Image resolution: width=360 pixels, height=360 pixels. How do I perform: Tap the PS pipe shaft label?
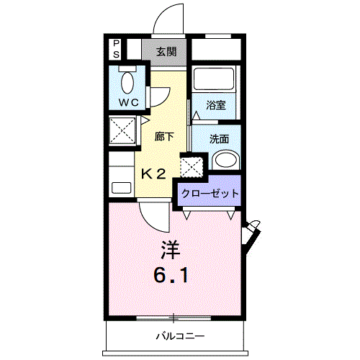(x=115, y=48)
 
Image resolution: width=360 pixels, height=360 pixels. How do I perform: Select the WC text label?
(x=129, y=103)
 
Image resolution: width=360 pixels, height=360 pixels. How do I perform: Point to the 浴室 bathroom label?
(x=215, y=105)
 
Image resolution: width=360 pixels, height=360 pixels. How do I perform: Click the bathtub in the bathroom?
(x=215, y=81)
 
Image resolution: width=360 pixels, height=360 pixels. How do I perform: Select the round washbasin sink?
(x=225, y=161)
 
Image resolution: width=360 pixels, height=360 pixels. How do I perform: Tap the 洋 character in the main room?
(x=170, y=250)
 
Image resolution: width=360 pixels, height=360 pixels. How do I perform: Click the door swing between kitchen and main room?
(x=153, y=215)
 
